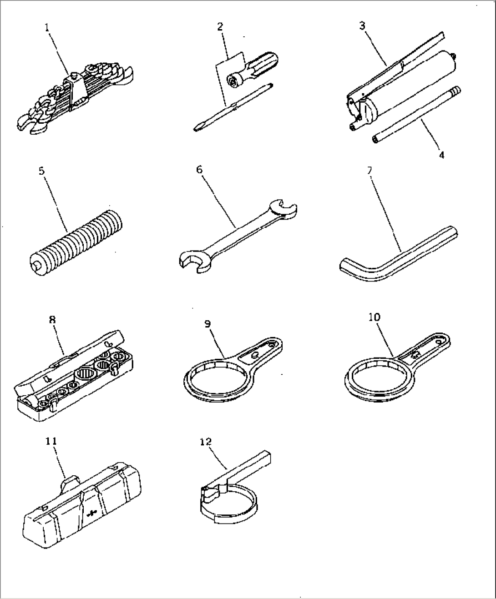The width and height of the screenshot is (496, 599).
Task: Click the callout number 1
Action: coord(47,28)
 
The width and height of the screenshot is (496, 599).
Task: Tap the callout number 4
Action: coord(442,155)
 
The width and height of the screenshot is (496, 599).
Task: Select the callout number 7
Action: coord(369,171)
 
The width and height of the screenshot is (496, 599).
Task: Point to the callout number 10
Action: coord(375,317)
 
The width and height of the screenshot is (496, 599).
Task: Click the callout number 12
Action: coord(206,442)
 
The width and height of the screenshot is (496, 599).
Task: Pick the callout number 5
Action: coord(42,171)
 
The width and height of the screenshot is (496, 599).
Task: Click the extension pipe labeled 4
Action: coord(417,115)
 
